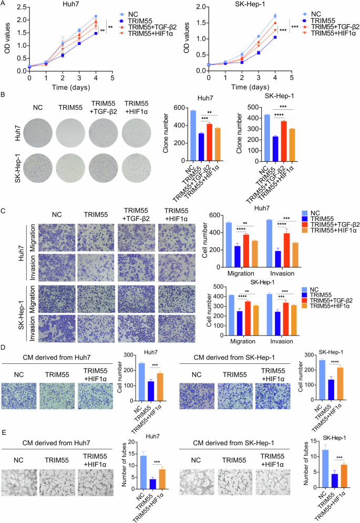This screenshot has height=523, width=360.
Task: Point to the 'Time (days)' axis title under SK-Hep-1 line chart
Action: click(x=249, y=87)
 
